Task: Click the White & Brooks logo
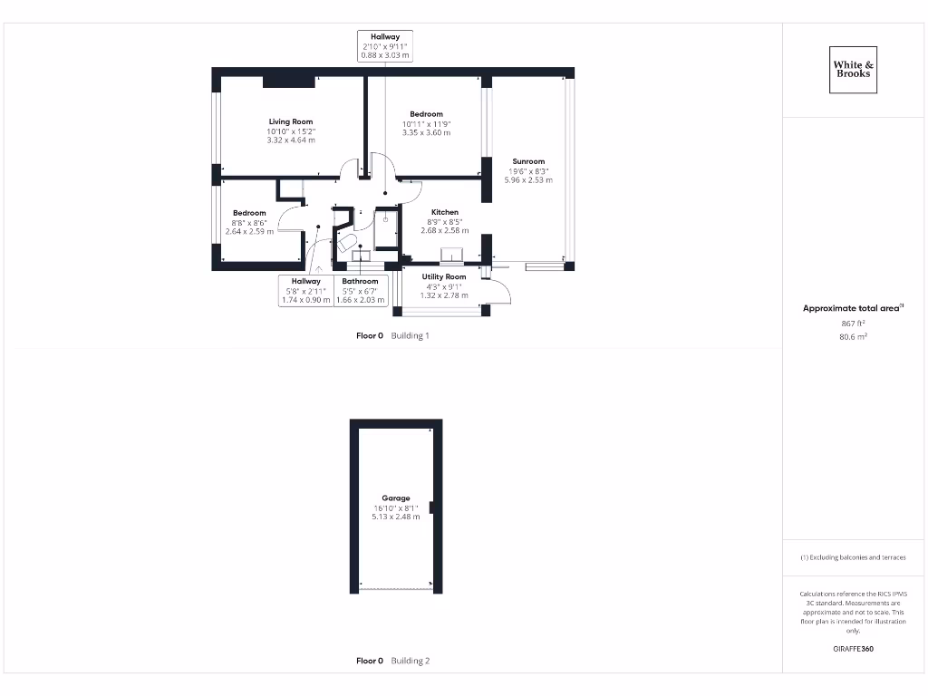pyautogui.click(x=853, y=70)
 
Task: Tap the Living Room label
pyautogui.click(x=290, y=121)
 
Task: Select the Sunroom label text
pyautogui.click(x=528, y=161)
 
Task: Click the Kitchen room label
pyautogui.click(x=444, y=212)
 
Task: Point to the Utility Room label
pyautogui.click(x=444, y=276)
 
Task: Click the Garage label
pyautogui.click(x=395, y=498)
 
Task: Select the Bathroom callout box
pyautogui.click(x=360, y=290)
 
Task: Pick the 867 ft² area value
pyautogui.click(x=852, y=323)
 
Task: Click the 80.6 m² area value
pyautogui.click(x=852, y=336)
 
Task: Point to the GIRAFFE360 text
pyautogui.click(x=852, y=649)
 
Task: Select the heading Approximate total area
pyautogui.click(x=852, y=308)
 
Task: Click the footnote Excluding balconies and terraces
pyautogui.click(x=852, y=557)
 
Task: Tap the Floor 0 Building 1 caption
pyautogui.click(x=392, y=335)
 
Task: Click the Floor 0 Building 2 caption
pyautogui.click(x=392, y=661)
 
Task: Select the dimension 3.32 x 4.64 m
pyautogui.click(x=290, y=140)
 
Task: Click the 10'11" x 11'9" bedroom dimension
pyautogui.click(x=426, y=123)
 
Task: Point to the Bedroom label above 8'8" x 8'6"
pyautogui.click(x=249, y=213)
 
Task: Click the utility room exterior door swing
pyautogui.click(x=499, y=292)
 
